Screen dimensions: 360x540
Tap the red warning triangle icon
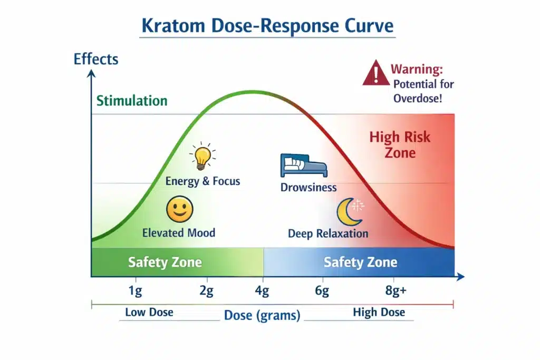(375, 73)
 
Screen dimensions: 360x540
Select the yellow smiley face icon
(179, 209)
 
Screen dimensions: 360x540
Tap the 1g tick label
(135, 291)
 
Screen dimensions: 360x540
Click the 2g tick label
(206, 291)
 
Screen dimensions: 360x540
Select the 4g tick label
(262, 291)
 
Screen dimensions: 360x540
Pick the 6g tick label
(322, 291)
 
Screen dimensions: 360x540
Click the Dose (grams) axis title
(262, 316)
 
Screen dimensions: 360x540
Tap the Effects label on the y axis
(96, 59)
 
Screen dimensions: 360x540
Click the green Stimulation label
(132, 101)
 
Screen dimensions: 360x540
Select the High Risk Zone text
(400, 145)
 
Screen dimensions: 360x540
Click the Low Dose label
(150, 312)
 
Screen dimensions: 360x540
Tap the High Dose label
(379, 312)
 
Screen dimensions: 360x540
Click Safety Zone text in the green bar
(165, 262)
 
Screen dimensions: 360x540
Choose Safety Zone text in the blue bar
(360, 262)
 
